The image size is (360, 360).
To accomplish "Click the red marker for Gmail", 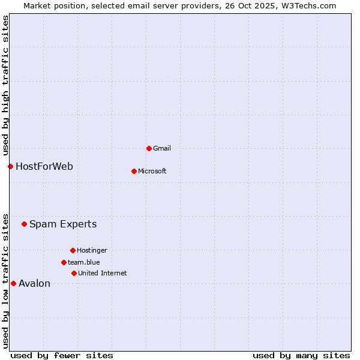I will coord(149,148).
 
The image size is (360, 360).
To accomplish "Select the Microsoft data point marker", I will coord(134,171).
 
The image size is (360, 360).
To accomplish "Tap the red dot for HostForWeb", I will coord(10,166).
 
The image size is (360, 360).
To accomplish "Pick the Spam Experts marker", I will coord(24,224).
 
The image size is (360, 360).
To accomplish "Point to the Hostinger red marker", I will coord(73,250).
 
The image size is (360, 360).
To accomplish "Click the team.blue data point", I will coord(64,262).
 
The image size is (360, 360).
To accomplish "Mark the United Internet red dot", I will coord(74,273).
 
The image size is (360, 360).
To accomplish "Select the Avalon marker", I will coord(13,283).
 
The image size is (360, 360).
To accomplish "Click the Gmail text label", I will coord(162,148).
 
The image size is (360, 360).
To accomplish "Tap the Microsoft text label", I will coord(152,171).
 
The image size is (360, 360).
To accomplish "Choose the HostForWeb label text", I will coord(44,166).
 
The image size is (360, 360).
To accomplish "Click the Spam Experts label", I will coord(63,224).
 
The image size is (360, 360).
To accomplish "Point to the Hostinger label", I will coord(92,250).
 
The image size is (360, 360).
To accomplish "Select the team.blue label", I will coord(83,262).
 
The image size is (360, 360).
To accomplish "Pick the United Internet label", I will coord(102,273).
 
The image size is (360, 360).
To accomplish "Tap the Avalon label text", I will coord(34,283).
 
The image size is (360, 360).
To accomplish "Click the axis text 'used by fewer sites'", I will coord(62,355).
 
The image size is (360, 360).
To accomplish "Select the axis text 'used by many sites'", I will coord(301,355).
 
